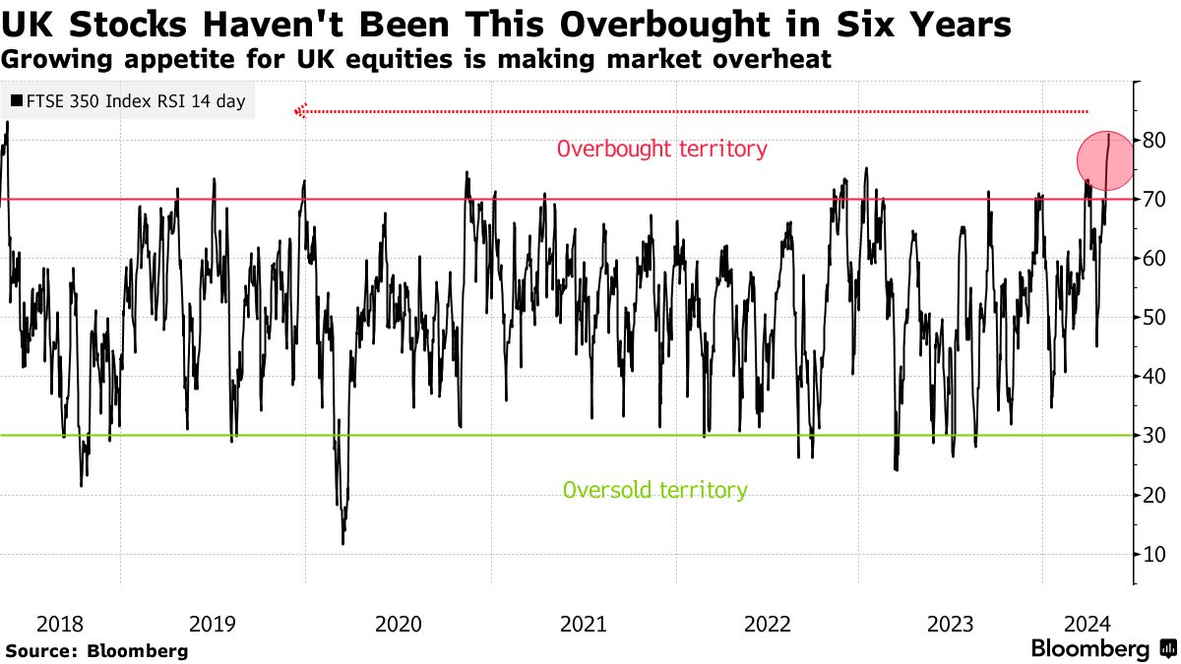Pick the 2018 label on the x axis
click(x=60, y=624)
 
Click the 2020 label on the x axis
click(x=399, y=624)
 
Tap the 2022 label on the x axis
click(x=768, y=624)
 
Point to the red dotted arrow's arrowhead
click(x=301, y=111)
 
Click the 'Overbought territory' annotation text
click(x=661, y=150)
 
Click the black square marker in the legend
click(x=17, y=101)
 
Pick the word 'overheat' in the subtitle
click(x=782, y=59)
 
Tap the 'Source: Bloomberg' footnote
click(x=96, y=650)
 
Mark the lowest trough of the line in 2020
click(x=342, y=543)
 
